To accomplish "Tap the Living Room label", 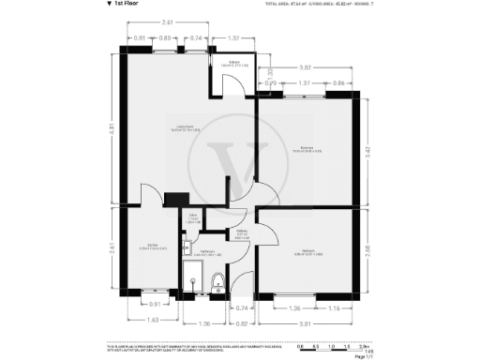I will (x=164, y=130).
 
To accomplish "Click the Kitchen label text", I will (x=150, y=248).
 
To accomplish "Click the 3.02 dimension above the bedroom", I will (x=305, y=68).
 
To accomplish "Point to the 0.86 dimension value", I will (x=337, y=83).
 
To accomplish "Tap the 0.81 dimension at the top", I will (x=139, y=37).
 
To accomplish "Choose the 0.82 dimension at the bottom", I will (x=241, y=322).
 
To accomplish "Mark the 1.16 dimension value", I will (x=334, y=307).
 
